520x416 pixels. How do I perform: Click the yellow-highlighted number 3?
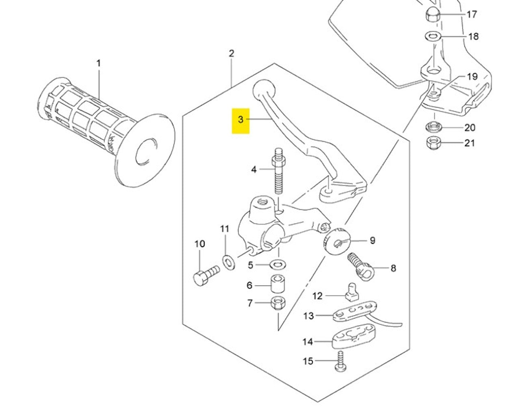click(240, 120)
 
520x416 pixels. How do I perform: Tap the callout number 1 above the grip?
click(98, 64)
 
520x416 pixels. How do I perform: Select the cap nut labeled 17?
click(432, 15)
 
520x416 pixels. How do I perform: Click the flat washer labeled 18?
click(433, 37)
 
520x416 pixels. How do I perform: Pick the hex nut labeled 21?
click(432, 143)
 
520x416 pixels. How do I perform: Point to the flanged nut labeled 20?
click(433, 127)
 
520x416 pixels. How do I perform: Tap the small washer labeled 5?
click(277, 265)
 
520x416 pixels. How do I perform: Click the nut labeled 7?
click(278, 303)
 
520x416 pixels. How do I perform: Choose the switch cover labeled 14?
click(354, 336)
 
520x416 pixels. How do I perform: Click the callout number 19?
click(471, 76)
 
